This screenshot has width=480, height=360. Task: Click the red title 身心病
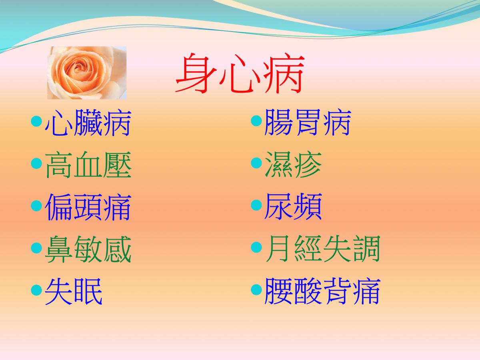coord(240,73)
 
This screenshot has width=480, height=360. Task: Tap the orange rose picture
coord(87,73)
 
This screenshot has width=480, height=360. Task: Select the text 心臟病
coord(88,122)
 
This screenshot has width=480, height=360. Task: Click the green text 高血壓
coord(88,164)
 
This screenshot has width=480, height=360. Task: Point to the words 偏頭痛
coord(88,207)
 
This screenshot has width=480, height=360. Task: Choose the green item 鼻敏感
coord(88,249)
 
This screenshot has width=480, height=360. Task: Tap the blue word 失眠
coord(74,291)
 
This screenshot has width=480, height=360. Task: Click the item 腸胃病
coord(308,122)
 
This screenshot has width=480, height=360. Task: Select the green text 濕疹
coord(293,164)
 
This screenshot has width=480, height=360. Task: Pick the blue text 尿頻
coord(293,207)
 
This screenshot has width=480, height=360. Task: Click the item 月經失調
coord(322,249)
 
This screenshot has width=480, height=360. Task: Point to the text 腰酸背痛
coord(322,291)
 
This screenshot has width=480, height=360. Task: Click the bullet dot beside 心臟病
coord(36,121)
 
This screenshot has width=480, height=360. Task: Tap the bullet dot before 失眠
coord(36,290)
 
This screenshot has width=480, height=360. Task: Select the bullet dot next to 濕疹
coord(256,163)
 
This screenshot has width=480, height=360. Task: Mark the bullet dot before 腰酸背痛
coord(256,290)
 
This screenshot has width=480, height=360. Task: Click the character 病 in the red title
coord(284,73)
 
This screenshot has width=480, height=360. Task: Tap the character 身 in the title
coord(196,73)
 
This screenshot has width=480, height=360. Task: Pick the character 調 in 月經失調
coord(367,249)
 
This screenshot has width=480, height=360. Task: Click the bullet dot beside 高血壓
coord(36,164)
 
